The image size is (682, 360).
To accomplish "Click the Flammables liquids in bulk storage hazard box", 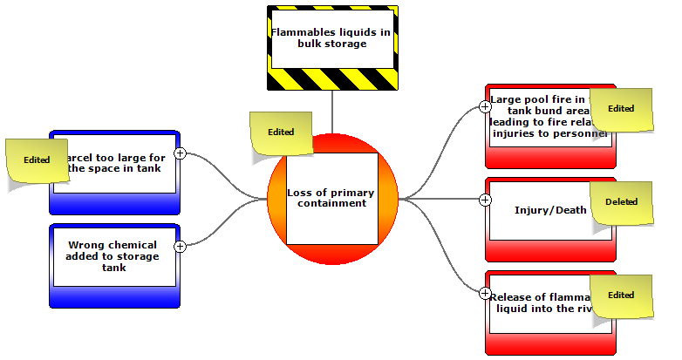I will click(331, 48).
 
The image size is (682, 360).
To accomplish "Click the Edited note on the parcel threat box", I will click(37, 162).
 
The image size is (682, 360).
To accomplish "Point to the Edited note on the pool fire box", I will click(621, 111).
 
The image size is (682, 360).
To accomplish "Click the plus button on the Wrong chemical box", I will click(181, 247).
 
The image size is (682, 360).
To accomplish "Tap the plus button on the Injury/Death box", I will click(486, 200).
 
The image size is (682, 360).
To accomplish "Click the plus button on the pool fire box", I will click(486, 107).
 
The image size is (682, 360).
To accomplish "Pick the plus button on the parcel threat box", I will click(181, 153).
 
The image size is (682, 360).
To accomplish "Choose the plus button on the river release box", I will click(486, 293).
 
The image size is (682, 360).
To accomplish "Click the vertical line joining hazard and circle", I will click(332, 112).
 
